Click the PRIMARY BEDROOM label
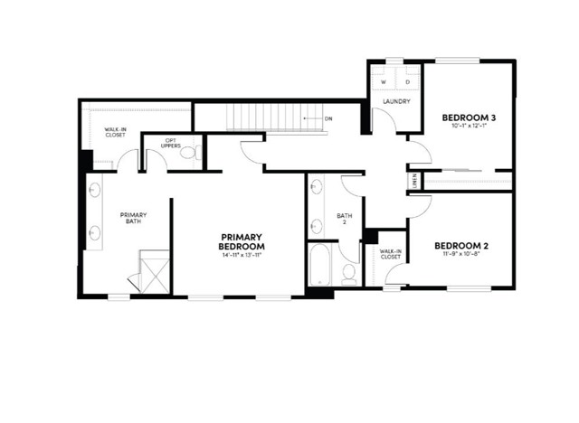tap(242, 241)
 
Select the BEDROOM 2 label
tap(461, 245)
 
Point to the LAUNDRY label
tap(396, 101)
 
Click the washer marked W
tap(384, 81)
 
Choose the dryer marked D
tap(406, 81)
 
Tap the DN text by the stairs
tap(328, 118)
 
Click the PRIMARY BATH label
tap(134, 218)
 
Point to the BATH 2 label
tap(344, 219)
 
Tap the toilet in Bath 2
tap(349, 273)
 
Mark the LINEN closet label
tap(415, 180)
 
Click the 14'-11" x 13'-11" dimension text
tap(242, 256)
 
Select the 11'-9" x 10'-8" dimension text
tap(461, 256)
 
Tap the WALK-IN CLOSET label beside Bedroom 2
tap(391, 255)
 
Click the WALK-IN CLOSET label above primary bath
tap(116, 133)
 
